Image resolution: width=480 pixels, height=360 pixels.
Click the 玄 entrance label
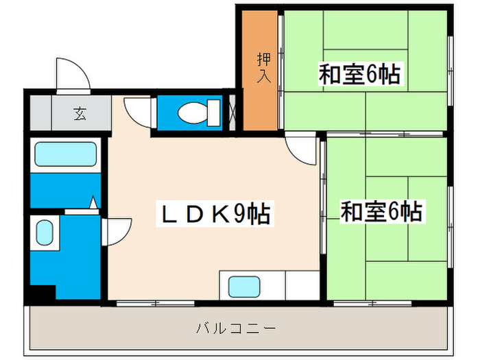80,115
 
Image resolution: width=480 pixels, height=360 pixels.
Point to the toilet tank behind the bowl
213,112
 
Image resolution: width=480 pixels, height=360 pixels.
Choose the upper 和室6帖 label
359,73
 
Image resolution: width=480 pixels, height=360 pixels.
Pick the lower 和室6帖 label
381,211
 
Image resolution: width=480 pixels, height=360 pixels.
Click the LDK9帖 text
215,215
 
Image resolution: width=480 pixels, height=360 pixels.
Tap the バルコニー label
235,328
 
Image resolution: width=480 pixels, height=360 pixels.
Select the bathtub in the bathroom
64,154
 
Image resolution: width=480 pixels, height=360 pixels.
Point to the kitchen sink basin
243,285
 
